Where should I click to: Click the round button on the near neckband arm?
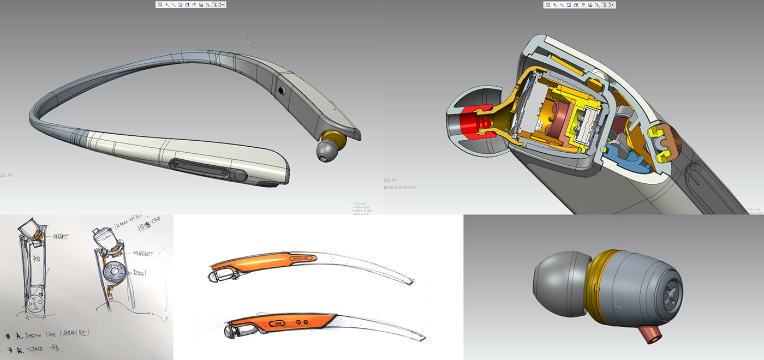point(241,176)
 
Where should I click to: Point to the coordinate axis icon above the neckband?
point(246,39)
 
